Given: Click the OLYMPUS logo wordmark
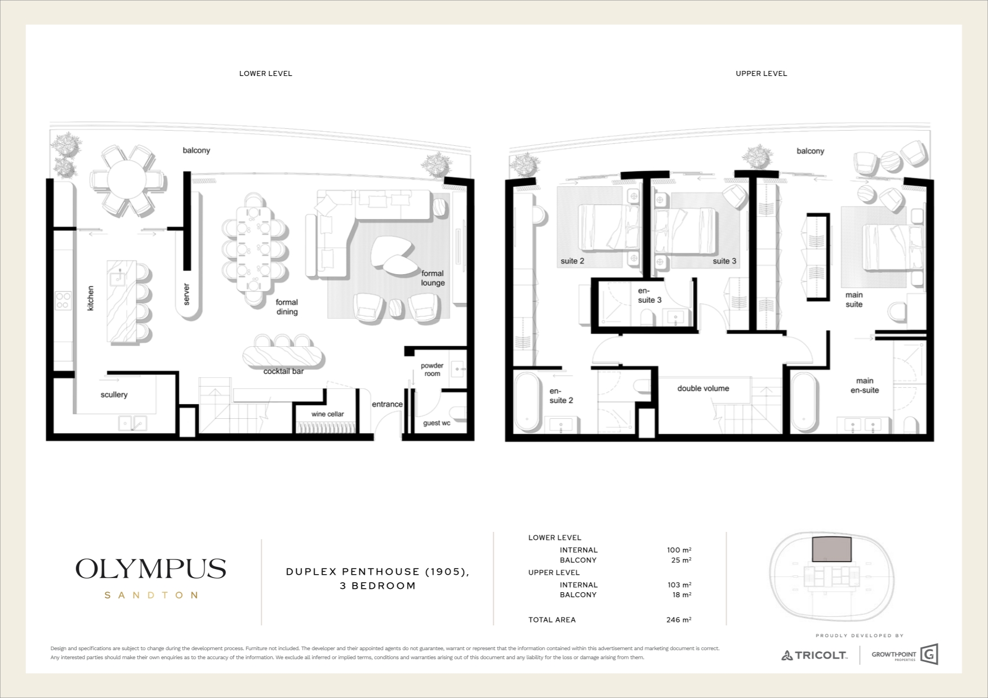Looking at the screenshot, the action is pyautogui.click(x=151, y=569).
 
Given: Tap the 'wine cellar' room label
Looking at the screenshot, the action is pyautogui.click(x=328, y=414).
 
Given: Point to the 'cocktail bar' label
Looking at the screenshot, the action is pyautogui.click(x=283, y=372).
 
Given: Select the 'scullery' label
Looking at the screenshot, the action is pyautogui.click(x=114, y=395).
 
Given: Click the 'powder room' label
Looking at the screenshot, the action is pyautogui.click(x=432, y=370).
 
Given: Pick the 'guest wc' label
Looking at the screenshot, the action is pyautogui.click(x=437, y=423).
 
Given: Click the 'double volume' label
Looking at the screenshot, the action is pyautogui.click(x=703, y=388).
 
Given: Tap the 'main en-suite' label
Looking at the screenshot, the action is pyautogui.click(x=865, y=386).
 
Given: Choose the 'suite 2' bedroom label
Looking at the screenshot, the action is pyautogui.click(x=572, y=261).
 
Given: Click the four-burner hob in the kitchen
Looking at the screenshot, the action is pyautogui.click(x=63, y=301).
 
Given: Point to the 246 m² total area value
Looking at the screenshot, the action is pyautogui.click(x=679, y=620).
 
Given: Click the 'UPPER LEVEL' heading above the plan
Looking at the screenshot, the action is pyautogui.click(x=761, y=74).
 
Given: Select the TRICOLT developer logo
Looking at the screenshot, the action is pyautogui.click(x=814, y=655).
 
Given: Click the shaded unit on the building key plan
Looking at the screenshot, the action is pyautogui.click(x=832, y=549).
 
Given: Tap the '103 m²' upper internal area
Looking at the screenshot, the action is pyautogui.click(x=679, y=585).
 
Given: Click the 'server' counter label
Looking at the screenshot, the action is pyautogui.click(x=187, y=294).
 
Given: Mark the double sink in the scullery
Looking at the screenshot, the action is pyautogui.click(x=132, y=423).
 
